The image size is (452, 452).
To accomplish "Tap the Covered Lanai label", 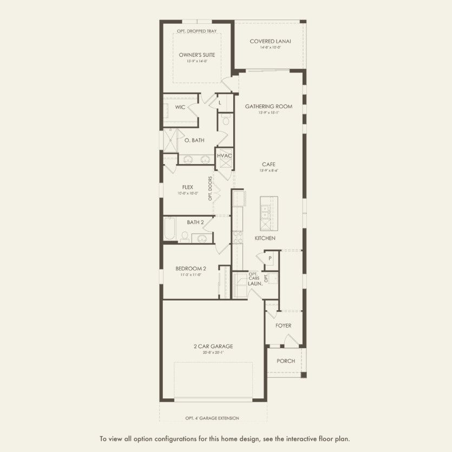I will pyautogui.click(x=268, y=42).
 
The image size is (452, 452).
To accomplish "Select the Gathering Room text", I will pyautogui.click(x=268, y=107).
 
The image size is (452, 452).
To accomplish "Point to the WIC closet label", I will pyautogui.click(x=180, y=107).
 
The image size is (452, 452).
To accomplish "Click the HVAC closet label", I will pyautogui.click(x=225, y=156).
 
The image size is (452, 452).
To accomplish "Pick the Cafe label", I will pyautogui.click(x=268, y=165).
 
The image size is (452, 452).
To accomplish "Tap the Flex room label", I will pyautogui.click(x=188, y=187).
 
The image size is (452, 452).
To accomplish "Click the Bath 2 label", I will pyautogui.click(x=195, y=222).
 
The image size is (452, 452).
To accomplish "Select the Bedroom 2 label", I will pyautogui.click(x=191, y=268).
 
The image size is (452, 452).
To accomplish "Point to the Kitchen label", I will pyautogui.click(x=265, y=238).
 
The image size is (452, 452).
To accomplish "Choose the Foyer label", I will pyautogui.click(x=283, y=325).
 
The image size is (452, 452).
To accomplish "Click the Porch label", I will pyautogui.click(x=285, y=361).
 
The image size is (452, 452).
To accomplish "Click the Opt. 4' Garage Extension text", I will pyautogui.click(x=212, y=418).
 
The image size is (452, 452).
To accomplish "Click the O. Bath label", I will pyautogui.click(x=194, y=140).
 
